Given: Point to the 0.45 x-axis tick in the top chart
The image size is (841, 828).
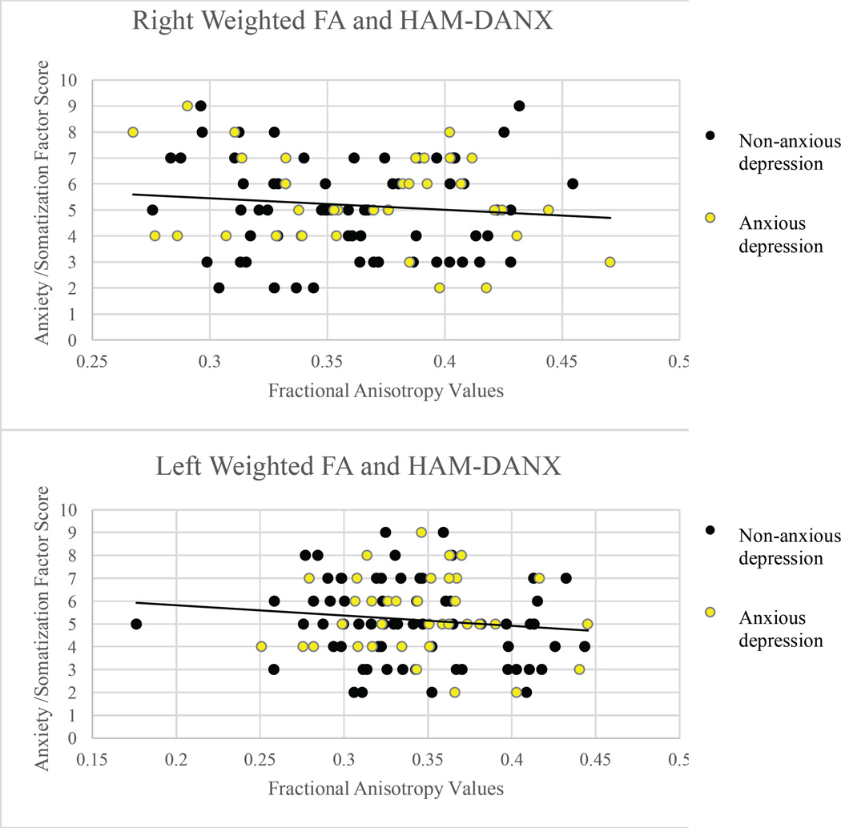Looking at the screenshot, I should pyautogui.click(x=561, y=362).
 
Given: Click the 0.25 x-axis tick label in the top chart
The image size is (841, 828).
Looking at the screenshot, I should pyautogui.click(x=94, y=362).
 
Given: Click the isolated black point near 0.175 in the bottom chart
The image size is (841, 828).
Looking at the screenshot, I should pyautogui.click(x=136, y=624).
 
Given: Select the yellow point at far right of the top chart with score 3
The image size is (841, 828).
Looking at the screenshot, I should pyautogui.click(x=610, y=262).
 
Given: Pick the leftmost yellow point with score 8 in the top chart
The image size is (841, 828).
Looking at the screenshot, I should pyautogui.click(x=133, y=132).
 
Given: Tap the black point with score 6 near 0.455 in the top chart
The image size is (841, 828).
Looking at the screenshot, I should pyautogui.click(x=573, y=183).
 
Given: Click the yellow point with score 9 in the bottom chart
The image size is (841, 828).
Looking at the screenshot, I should pyautogui.click(x=421, y=532).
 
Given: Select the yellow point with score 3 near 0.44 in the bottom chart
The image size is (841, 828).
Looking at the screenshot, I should pyautogui.click(x=579, y=669).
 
